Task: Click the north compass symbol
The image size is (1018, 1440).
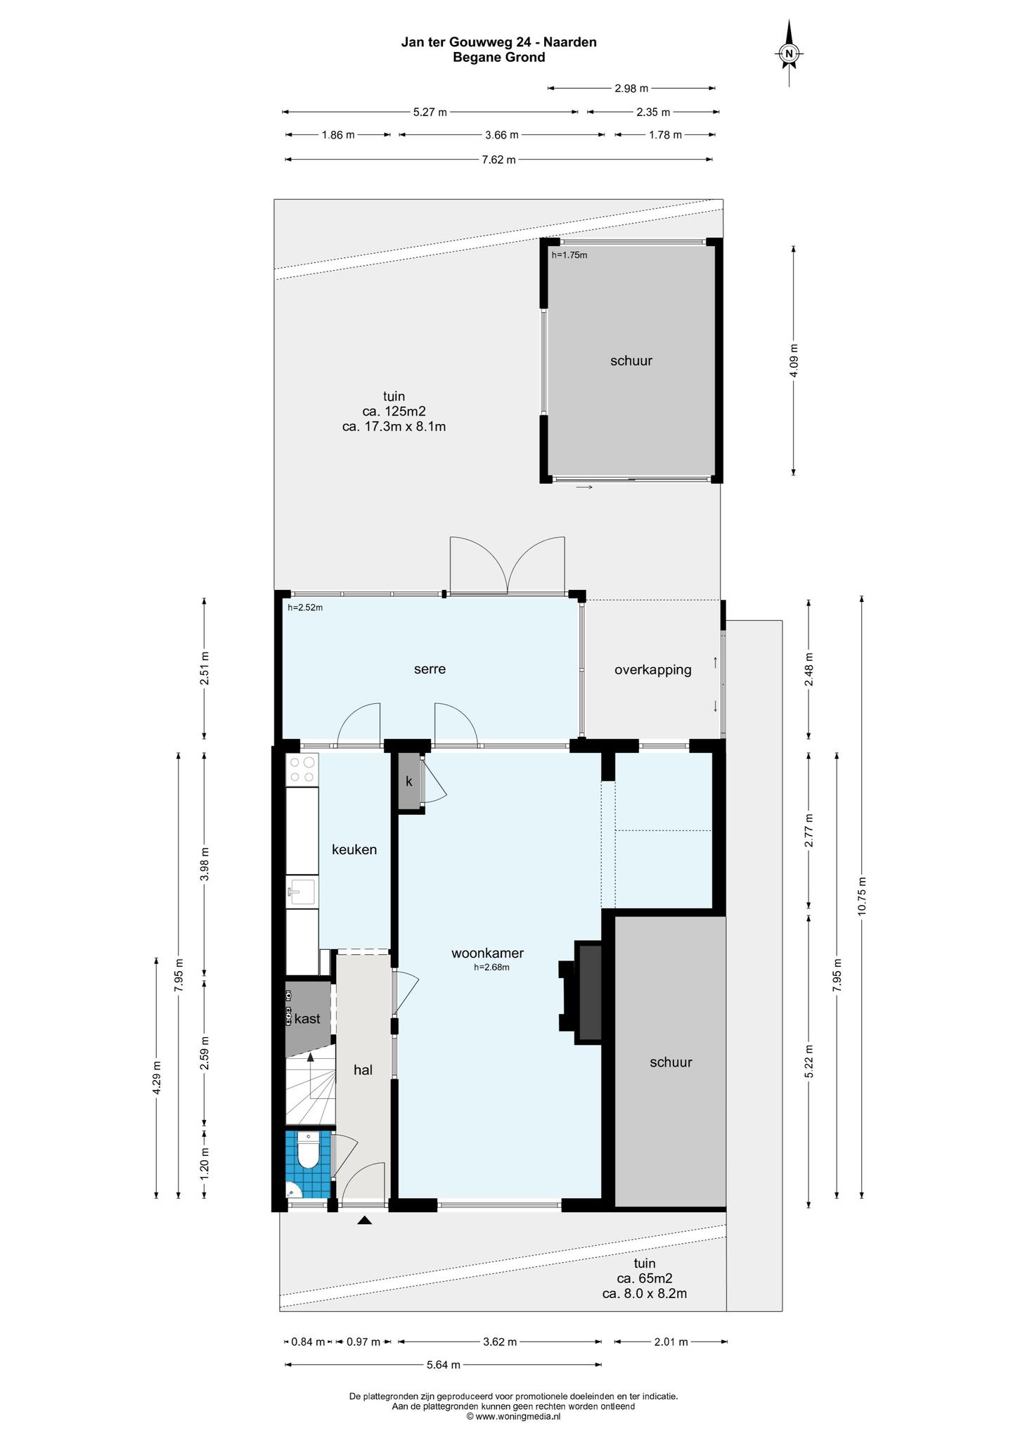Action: (790, 53)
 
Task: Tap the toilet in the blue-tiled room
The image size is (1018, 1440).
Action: (308, 1152)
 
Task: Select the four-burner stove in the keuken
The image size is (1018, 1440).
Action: (302, 769)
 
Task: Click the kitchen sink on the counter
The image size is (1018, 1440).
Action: (302, 893)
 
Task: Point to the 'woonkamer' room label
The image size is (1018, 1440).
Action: (487, 953)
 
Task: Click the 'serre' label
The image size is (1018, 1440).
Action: (430, 669)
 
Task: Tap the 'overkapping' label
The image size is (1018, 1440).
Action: (652, 670)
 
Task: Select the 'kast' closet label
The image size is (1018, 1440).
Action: (307, 1018)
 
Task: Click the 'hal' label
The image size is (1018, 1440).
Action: (363, 1070)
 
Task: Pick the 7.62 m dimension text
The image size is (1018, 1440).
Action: (498, 160)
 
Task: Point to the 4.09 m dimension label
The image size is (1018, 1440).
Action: (794, 361)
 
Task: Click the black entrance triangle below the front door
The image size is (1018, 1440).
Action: (364, 1221)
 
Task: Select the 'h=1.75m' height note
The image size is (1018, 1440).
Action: (569, 255)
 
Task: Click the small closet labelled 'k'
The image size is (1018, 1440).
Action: (408, 781)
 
